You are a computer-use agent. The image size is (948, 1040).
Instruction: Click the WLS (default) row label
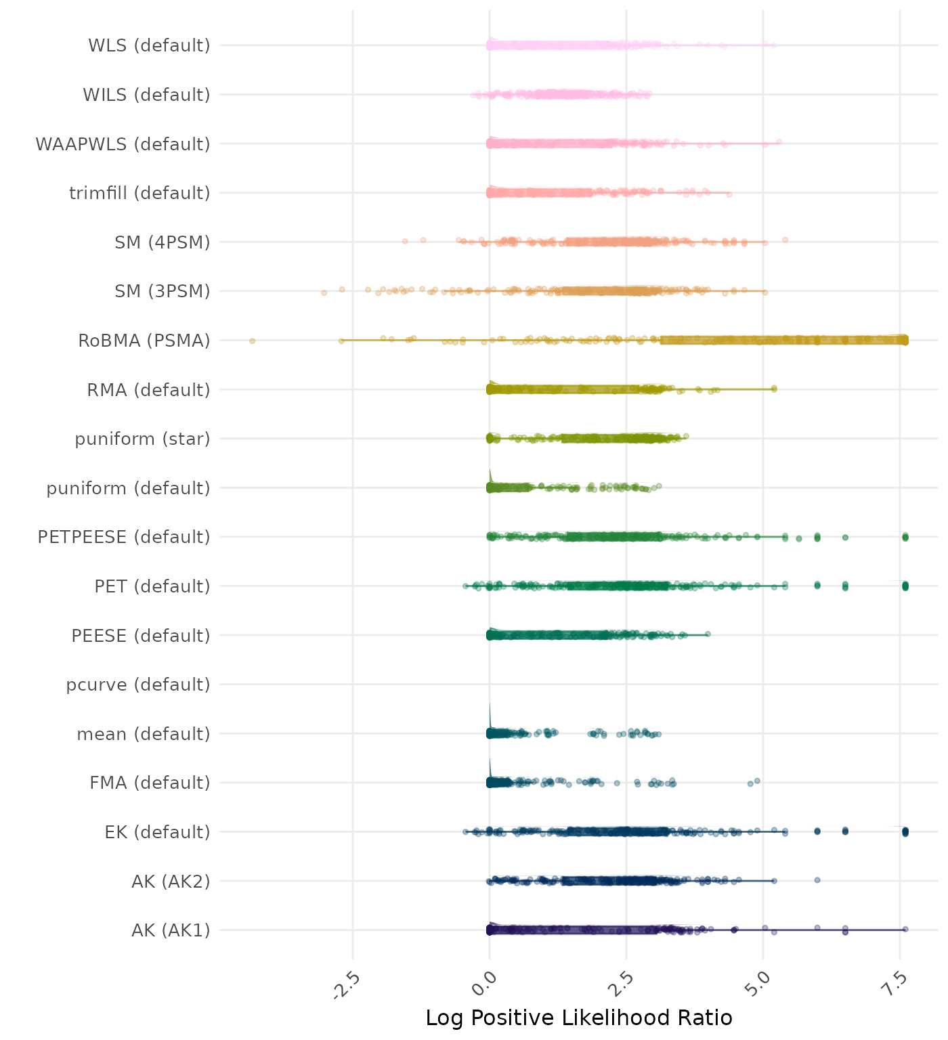pos(149,45)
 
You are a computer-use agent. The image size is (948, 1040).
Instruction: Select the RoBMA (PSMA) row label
pos(144,341)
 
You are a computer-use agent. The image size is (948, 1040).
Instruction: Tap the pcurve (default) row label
pos(138,685)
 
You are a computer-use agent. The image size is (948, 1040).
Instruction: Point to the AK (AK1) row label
pos(171,930)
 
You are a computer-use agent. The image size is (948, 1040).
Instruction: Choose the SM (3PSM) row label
pos(163,291)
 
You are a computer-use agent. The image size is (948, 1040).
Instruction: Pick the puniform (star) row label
pos(142,439)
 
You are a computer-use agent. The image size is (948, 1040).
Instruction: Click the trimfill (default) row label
pos(139,193)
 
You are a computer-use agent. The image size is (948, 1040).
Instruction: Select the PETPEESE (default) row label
pos(124,537)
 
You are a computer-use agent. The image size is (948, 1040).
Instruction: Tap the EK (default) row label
pos(157,831)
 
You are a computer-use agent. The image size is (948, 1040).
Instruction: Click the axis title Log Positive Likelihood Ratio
pos(579,1018)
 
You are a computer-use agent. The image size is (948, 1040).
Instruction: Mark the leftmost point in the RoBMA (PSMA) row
pos(252,341)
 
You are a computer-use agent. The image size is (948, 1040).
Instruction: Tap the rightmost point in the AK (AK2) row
pos(817,880)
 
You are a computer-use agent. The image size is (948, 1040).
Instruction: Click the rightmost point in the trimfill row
pos(729,194)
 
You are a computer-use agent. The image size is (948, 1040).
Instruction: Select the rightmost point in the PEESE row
pos(708,634)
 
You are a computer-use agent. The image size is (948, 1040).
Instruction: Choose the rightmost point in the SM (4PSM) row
pos(785,239)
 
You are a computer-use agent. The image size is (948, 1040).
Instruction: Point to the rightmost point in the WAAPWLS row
pos(779,142)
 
